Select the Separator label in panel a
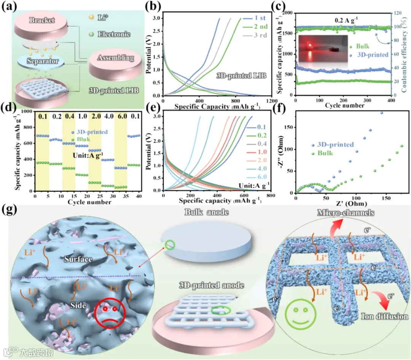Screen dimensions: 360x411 click(42, 61)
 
